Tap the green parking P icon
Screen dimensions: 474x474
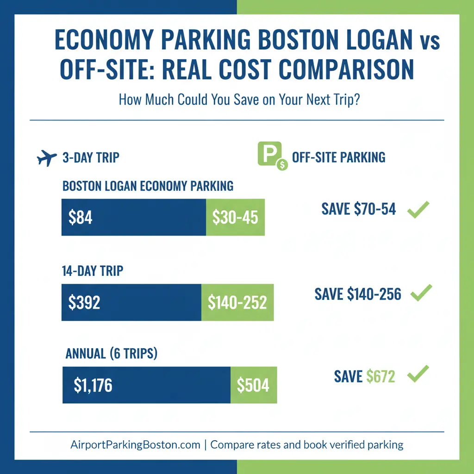268,156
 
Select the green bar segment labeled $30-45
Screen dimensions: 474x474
235,217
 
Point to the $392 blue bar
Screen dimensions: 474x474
131,302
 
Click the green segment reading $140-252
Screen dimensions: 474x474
237,302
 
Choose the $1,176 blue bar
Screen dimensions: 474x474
146,385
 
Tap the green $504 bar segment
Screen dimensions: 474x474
253,385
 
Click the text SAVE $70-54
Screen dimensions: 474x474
359,209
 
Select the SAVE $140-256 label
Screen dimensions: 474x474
358,293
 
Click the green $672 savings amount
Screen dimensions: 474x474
380,376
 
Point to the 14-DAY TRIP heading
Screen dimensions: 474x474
93,270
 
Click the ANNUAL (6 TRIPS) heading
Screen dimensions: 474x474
112,354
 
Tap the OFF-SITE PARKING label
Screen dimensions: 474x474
338,157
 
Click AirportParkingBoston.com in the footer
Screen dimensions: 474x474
135,445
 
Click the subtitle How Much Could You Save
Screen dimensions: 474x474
239,100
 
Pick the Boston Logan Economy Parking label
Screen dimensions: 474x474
148,186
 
